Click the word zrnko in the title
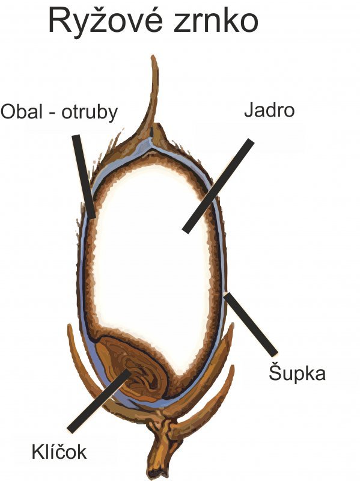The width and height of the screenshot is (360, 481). [x=216, y=21]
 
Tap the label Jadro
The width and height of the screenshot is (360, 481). [x=269, y=111]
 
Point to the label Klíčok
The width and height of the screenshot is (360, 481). [x=59, y=451]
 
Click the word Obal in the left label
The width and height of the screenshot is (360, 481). [x=21, y=112]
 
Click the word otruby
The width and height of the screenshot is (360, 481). [x=90, y=112]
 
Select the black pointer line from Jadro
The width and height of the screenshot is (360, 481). [x=218, y=186]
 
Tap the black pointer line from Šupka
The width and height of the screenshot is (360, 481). [x=251, y=325]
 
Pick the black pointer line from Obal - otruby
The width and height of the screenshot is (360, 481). [x=84, y=176]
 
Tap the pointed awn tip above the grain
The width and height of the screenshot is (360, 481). [x=153, y=57]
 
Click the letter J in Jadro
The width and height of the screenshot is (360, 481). [x=248, y=111]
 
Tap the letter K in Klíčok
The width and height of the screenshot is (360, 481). [x=37, y=452]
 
